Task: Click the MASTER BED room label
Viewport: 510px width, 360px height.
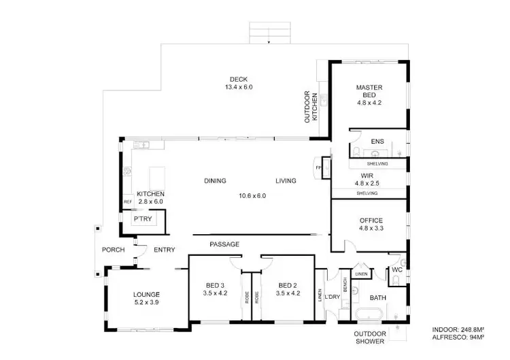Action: pos(369,88)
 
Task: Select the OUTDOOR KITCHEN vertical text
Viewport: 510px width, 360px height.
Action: pos(311,107)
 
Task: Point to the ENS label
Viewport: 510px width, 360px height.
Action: pos(377,142)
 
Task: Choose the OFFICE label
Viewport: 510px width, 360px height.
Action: pos(371,220)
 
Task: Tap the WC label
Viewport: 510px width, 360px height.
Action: pos(397,270)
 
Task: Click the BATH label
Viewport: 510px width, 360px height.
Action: pos(377,298)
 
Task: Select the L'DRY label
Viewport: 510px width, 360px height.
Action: pos(333,297)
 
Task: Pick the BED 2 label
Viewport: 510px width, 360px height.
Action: pos(287,285)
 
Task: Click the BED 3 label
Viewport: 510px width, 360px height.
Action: pos(214,285)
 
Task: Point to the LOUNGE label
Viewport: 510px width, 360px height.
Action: pos(146,295)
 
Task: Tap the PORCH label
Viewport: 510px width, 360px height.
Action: pos(113,250)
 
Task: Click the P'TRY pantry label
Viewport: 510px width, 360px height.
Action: pos(142,219)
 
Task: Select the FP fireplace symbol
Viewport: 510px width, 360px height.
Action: pos(318,167)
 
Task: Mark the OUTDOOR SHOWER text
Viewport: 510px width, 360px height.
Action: pos(370,337)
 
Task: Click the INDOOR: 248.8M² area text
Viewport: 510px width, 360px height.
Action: pos(458,329)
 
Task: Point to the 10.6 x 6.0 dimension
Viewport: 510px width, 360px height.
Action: pos(252,195)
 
